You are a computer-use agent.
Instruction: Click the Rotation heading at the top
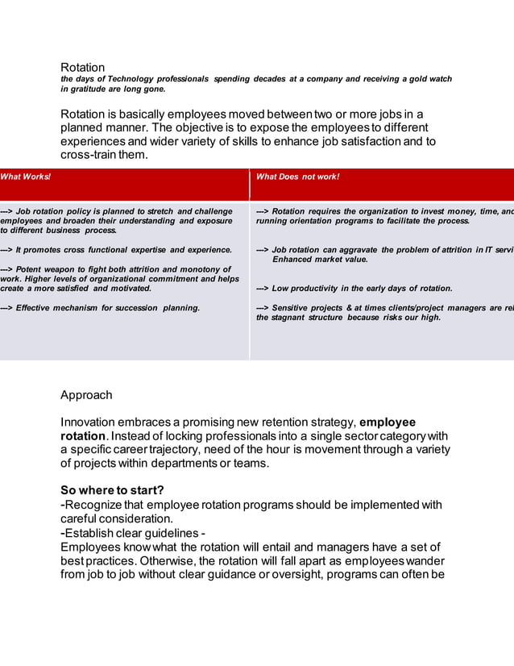point(83,67)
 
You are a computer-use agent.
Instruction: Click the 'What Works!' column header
point(25,177)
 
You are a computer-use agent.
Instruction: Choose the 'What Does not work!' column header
point(297,177)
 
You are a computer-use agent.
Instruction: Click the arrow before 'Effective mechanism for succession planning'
point(7,307)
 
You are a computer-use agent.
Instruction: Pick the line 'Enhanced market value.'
point(320,260)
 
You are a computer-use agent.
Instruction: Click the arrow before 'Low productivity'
point(263,288)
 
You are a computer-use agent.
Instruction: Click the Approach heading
point(86,395)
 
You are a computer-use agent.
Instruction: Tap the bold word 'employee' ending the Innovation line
point(388,422)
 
